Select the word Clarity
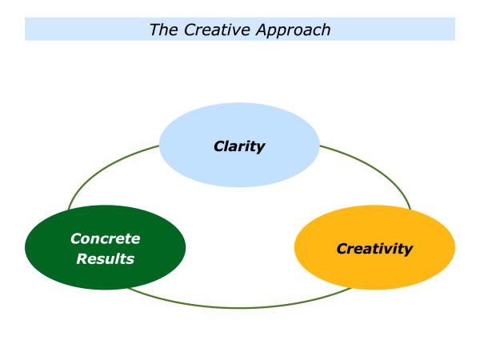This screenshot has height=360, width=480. (x=239, y=146)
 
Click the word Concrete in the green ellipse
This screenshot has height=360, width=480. (x=105, y=238)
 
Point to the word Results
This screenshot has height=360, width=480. (x=105, y=258)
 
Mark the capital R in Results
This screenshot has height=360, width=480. (x=82, y=258)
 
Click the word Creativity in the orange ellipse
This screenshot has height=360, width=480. (x=374, y=249)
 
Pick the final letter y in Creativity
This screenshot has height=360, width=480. (x=409, y=250)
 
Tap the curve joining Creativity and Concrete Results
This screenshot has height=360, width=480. (x=240, y=307)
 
